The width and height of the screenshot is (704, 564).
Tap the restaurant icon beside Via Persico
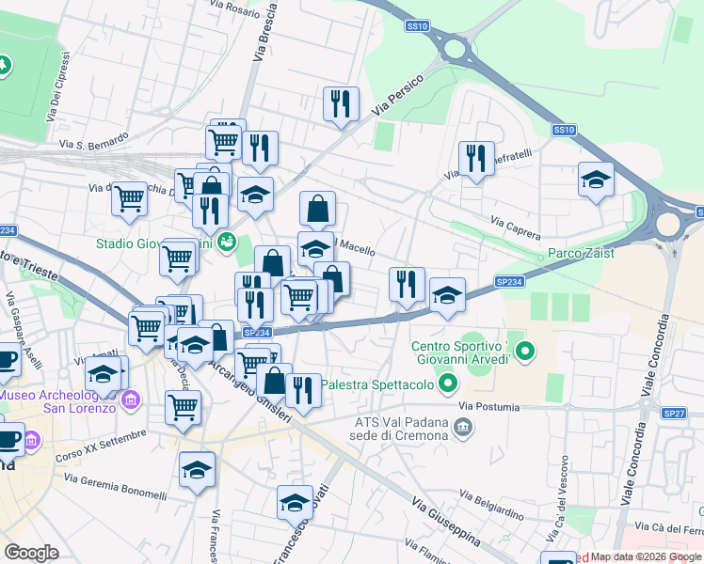(x=340, y=103)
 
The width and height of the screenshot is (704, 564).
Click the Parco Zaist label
(x=582, y=253)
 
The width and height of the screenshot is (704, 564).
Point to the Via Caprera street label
(x=517, y=226)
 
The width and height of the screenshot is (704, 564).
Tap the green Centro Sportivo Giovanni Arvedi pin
(x=525, y=354)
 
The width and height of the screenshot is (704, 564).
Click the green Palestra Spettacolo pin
(x=449, y=384)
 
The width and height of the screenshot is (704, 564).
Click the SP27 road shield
(x=674, y=413)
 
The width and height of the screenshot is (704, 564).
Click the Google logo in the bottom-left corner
(x=31, y=552)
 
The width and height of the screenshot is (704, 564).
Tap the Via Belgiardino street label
(x=492, y=504)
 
